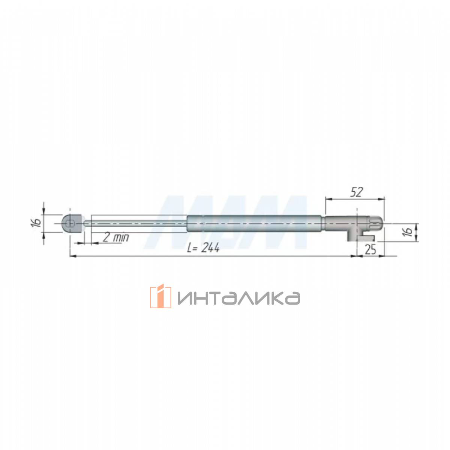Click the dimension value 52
coord(357,192)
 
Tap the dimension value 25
coord(370,250)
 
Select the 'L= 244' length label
coord(203,247)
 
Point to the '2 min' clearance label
coord(116,237)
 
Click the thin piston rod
coord(136,223)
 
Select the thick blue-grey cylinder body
coord(254,223)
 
